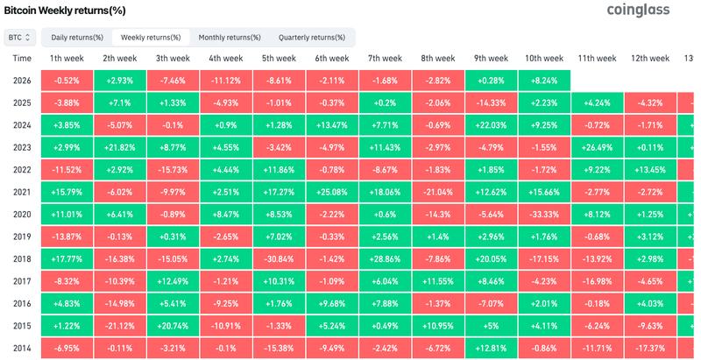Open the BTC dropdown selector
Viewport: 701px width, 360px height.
point(19,38)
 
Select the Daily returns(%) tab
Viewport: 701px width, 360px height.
point(77,38)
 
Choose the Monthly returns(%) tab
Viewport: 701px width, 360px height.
point(230,38)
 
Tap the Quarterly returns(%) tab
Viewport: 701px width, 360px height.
point(313,38)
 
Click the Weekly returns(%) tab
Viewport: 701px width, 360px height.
point(151,38)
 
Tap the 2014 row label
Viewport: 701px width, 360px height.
point(23,348)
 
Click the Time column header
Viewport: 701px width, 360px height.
point(23,59)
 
